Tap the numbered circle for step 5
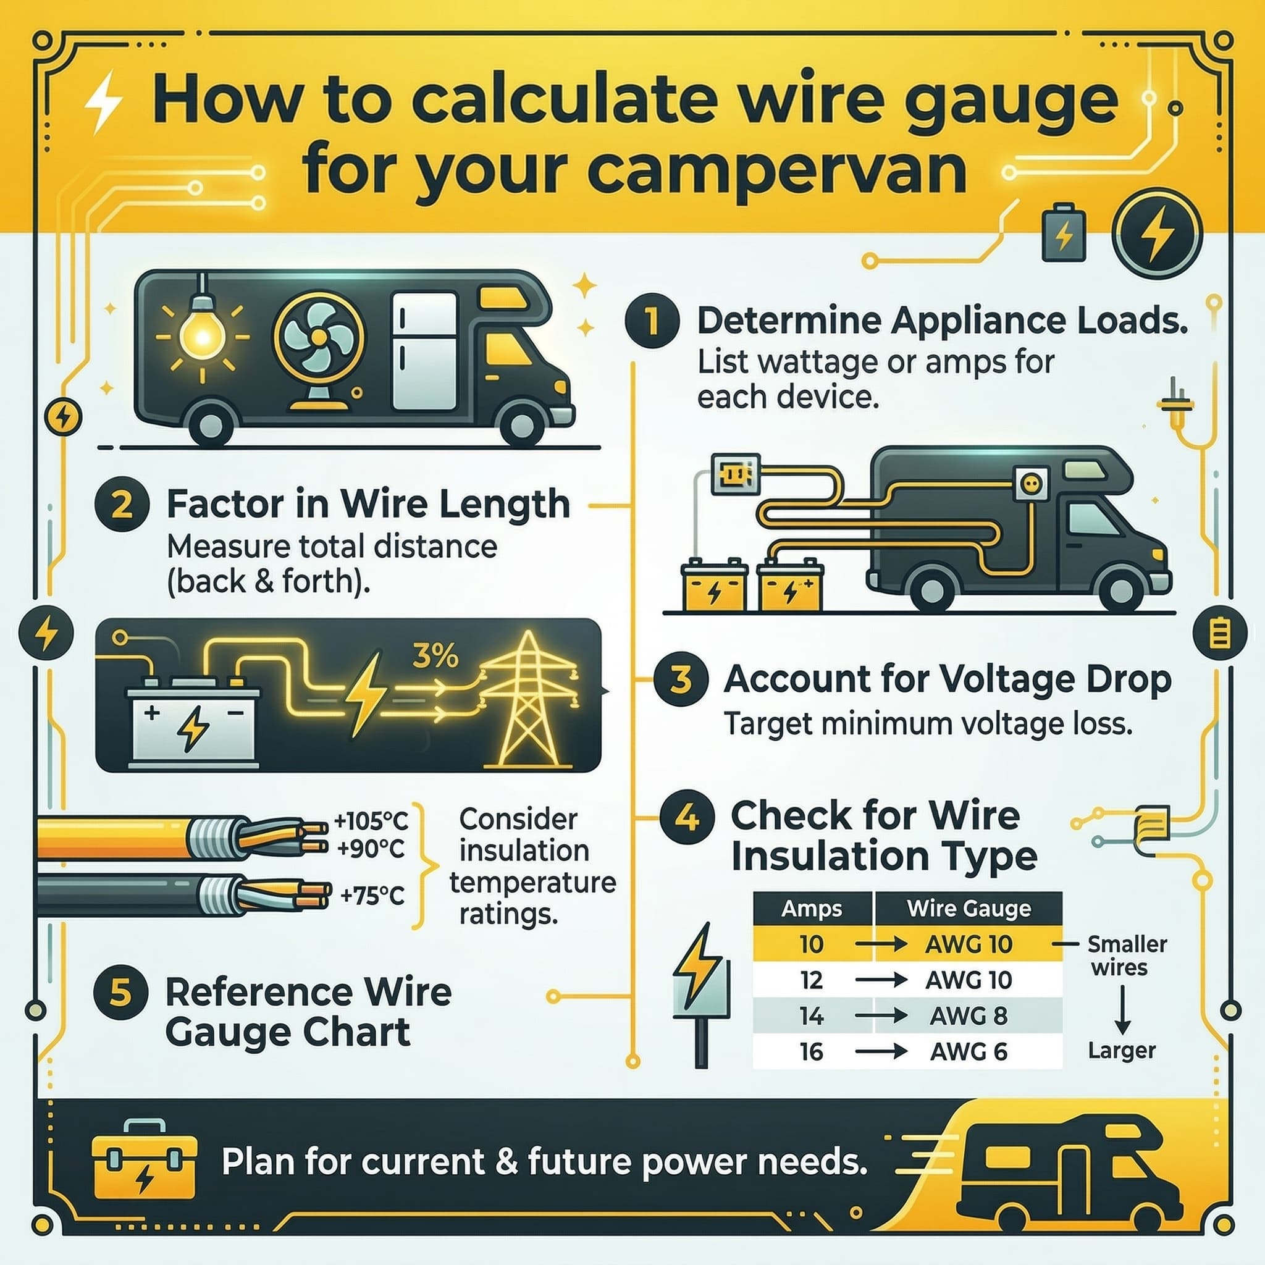(121, 994)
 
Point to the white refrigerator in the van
(424, 350)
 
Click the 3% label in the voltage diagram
(435, 655)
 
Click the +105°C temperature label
(371, 820)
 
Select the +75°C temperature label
(372, 894)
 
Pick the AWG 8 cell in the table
(969, 1015)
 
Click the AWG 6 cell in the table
(969, 1051)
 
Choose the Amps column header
(812, 909)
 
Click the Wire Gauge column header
(969, 908)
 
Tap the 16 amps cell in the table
(811, 1051)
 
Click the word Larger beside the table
(1122, 1051)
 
